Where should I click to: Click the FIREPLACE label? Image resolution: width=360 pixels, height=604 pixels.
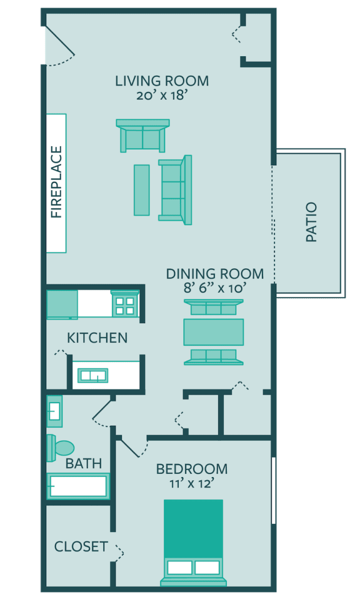click(56, 182)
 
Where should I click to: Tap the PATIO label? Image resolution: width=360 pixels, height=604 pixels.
click(311, 222)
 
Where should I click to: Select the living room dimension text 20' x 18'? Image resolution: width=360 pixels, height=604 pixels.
click(162, 95)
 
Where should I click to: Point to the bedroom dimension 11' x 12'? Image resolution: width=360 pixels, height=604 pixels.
click(191, 483)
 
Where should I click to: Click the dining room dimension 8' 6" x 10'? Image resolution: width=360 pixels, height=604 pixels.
click(215, 288)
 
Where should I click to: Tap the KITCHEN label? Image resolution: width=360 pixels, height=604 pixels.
click(97, 338)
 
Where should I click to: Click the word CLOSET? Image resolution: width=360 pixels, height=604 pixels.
click(81, 546)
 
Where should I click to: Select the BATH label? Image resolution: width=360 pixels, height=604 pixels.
click(84, 463)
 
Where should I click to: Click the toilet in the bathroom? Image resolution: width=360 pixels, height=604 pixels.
click(60, 448)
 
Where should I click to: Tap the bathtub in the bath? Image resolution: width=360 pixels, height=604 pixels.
click(78, 486)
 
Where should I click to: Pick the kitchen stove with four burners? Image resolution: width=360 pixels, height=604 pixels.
click(125, 305)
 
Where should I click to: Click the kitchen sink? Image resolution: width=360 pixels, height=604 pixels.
click(92, 376)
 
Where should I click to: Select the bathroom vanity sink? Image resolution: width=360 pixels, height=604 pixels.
click(54, 411)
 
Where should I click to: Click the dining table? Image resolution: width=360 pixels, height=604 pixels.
click(213, 332)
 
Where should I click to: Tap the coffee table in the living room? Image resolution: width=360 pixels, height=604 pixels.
click(142, 190)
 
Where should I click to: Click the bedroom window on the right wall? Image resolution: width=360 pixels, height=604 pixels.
click(274, 490)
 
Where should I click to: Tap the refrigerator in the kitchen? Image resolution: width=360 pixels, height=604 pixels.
click(62, 305)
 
